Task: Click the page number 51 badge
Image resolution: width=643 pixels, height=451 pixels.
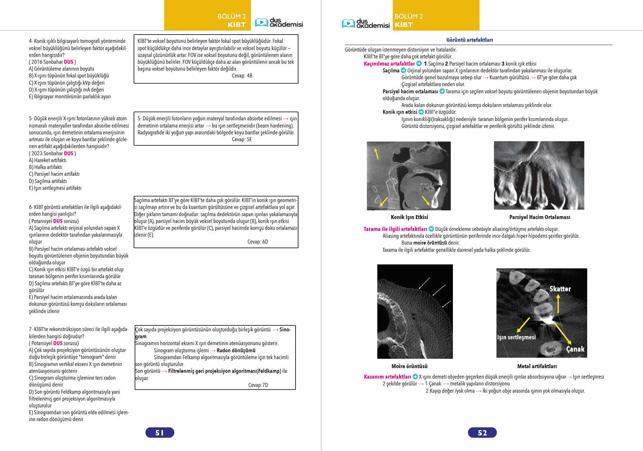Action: tap(159, 433)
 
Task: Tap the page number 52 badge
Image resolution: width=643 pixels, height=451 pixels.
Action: tap(482, 433)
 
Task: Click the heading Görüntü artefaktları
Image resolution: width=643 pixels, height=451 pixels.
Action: tap(469, 40)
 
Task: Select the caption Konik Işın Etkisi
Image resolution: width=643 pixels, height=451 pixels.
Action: tap(409, 217)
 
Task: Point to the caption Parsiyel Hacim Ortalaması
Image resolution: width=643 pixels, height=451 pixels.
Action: tap(539, 217)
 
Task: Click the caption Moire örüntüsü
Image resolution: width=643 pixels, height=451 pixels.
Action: tap(409, 366)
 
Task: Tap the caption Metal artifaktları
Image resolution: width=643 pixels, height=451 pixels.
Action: tap(537, 366)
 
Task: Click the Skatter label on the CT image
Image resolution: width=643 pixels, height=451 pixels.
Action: tap(560, 289)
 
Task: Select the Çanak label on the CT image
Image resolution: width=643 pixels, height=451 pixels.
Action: tap(575, 349)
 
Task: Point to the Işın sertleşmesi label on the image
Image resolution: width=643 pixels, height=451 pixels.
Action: tap(516, 337)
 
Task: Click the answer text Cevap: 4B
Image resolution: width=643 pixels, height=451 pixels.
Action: tap(242, 76)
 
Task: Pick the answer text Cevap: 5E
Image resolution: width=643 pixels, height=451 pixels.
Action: tap(242, 139)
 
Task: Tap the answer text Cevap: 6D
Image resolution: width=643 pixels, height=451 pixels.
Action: tap(258, 242)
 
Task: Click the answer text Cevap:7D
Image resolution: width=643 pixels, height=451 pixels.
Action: tap(258, 385)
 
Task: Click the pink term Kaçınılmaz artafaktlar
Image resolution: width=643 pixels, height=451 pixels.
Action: tap(389, 64)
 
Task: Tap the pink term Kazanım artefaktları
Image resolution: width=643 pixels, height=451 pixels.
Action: tap(387, 377)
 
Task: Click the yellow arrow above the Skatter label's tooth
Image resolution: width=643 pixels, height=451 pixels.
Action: tap(558, 304)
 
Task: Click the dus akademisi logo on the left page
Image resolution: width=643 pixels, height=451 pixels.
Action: tap(279, 23)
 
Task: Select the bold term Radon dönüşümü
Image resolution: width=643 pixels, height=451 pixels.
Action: tap(236, 350)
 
